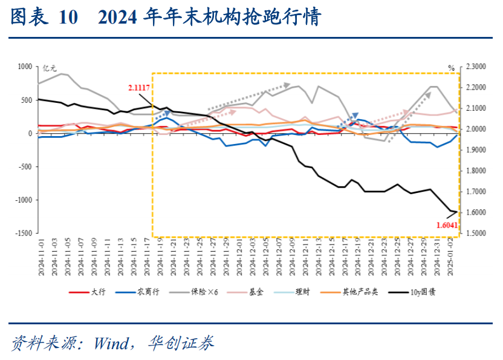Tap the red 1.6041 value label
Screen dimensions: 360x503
click(447, 224)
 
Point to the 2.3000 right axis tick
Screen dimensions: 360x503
click(475, 67)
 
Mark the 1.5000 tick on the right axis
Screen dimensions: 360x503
click(475, 233)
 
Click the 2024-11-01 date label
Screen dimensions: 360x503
click(42, 257)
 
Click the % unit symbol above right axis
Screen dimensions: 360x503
click(451, 68)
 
